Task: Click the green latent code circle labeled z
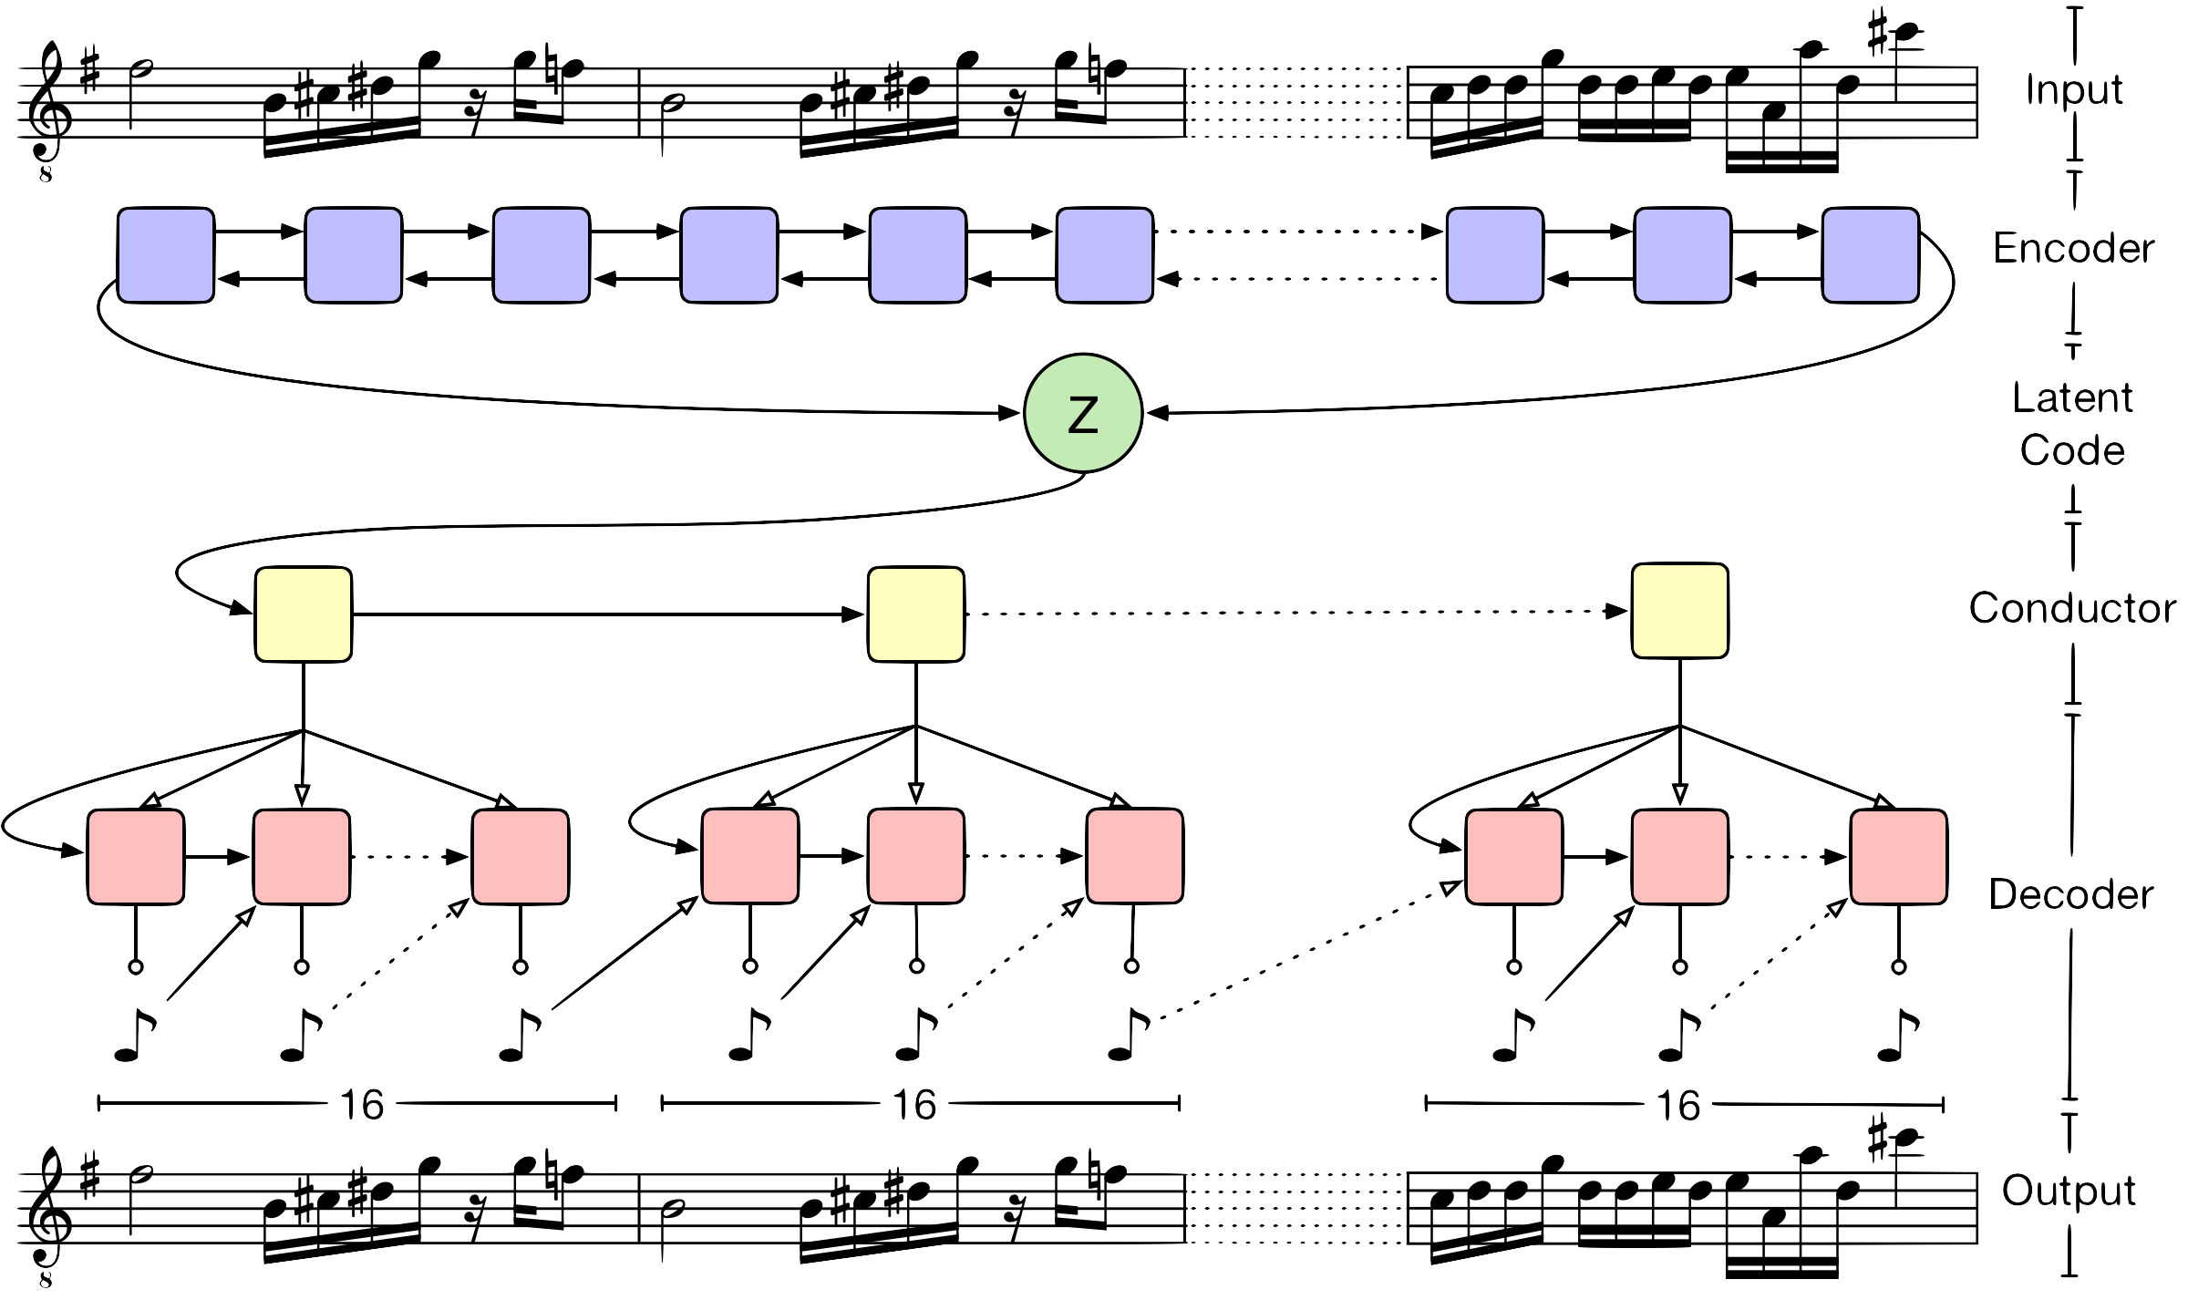coord(1083,413)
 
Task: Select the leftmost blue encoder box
coord(166,255)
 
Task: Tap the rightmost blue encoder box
coord(1871,255)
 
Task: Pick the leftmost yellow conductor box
coord(304,614)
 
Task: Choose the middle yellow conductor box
coord(916,614)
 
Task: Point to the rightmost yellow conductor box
coord(1680,611)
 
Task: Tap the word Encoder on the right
coord(2075,248)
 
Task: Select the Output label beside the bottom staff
coord(2069,1191)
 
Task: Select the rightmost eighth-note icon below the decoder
coord(1898,1035)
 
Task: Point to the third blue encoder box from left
coord(542,255)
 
